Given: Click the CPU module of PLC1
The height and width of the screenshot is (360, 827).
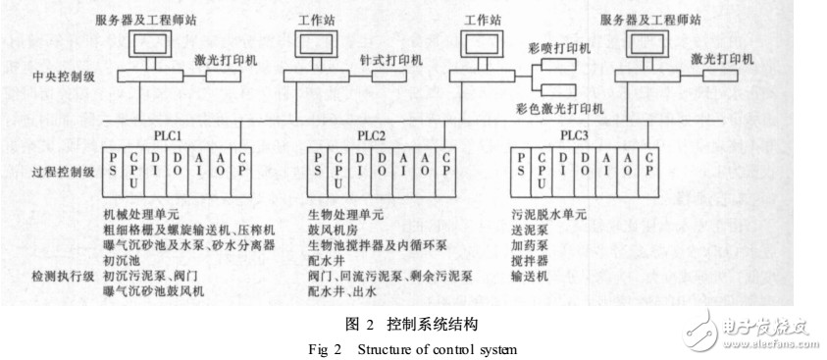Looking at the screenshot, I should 132,169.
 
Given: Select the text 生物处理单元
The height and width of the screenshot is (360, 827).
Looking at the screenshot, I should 339,211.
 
